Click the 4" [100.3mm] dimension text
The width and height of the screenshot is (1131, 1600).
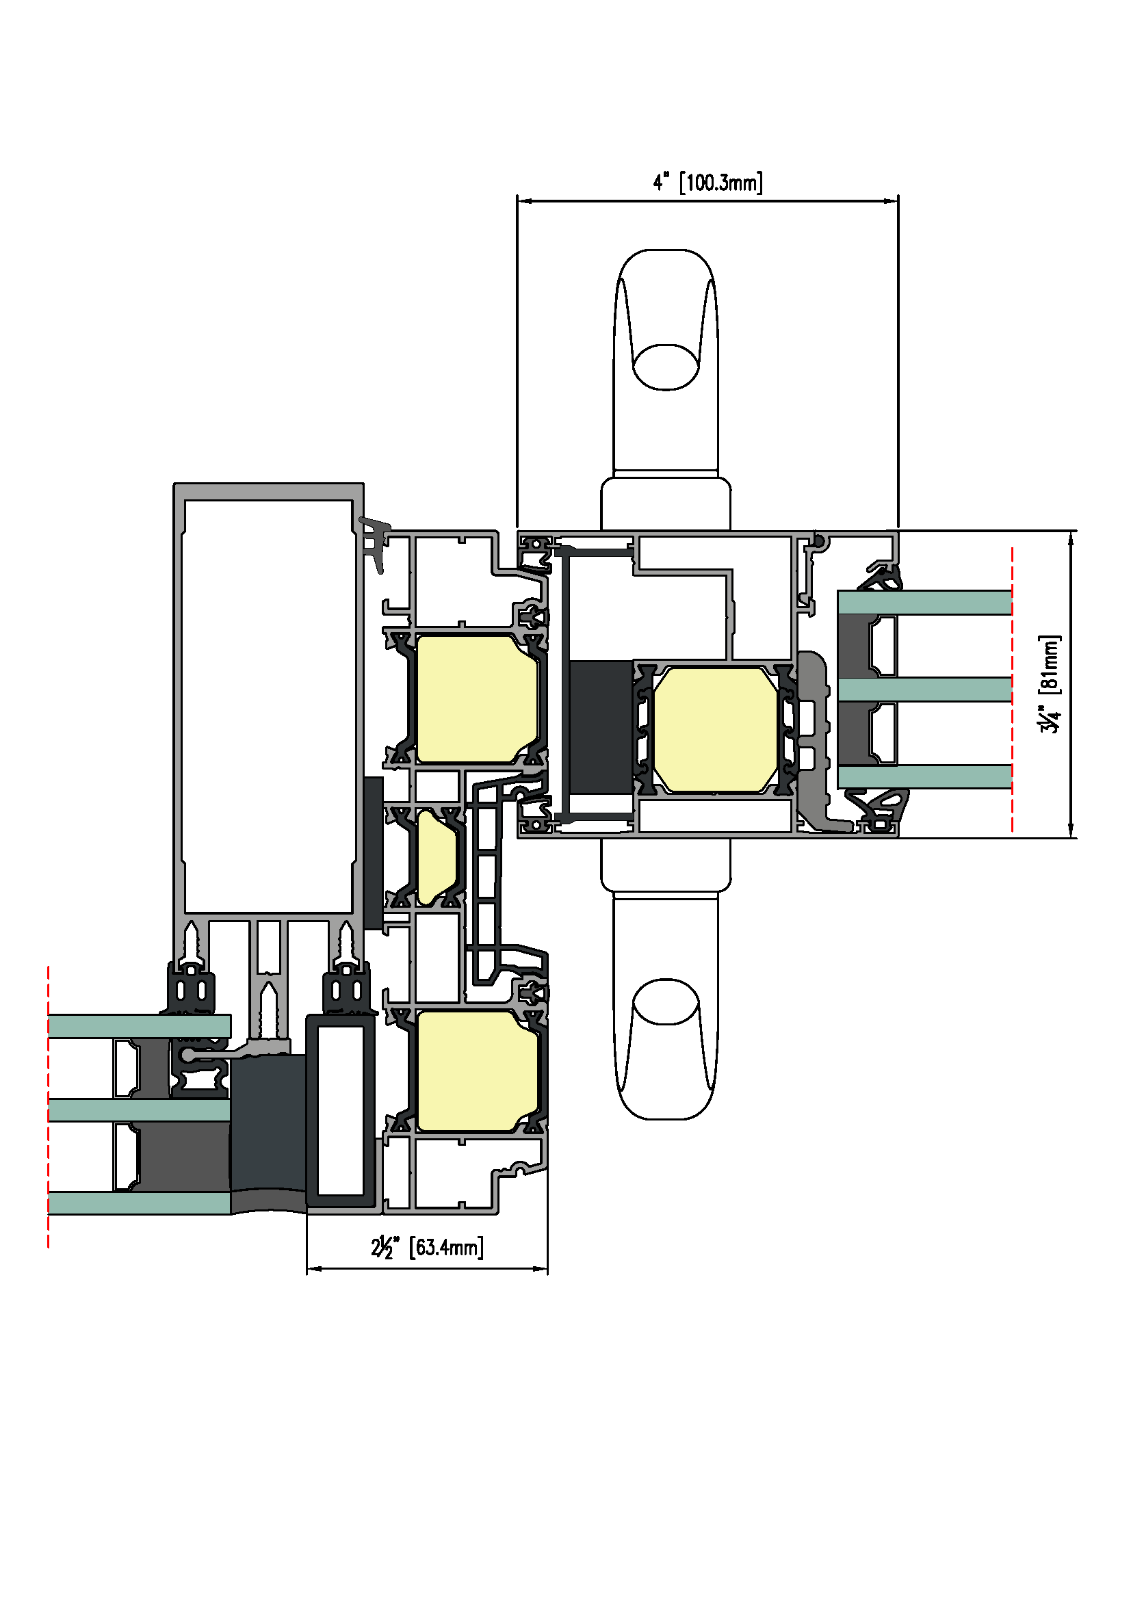707,183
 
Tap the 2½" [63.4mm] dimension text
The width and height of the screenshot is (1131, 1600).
427,1247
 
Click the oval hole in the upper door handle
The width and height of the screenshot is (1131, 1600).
666,367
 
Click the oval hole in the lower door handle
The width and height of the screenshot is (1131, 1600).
666,1001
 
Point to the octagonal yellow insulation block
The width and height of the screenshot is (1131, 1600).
715,730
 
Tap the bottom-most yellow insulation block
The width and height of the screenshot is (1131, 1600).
478,1072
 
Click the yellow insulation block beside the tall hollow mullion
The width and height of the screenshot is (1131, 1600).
478,699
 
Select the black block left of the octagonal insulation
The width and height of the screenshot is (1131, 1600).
601,728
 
